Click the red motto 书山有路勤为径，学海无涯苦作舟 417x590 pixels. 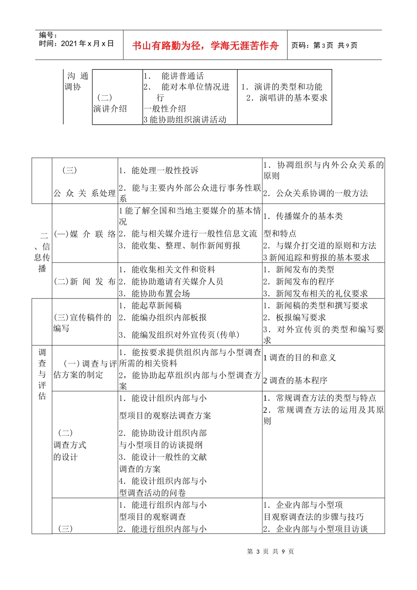(x=205, y=46)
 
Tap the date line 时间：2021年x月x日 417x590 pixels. (x=76, y=43)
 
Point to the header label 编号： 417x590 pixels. (x=48, y=35)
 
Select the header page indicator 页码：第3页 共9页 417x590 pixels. (x=324, y=45)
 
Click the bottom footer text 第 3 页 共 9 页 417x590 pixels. (x=270, y=551)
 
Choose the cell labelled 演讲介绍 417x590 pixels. (x=110, y=108)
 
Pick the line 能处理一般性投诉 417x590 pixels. (x=165, y=170)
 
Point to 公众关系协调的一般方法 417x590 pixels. (x=322, y=193)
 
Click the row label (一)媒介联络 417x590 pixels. (x=85, y=234)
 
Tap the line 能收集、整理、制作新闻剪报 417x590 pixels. (x=186, y=245)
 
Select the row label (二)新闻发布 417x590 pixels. (x=85, y=281)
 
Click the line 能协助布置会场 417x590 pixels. (x=160, y=293)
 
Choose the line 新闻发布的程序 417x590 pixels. (x=305, y=281)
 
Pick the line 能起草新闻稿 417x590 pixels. (x=157, y=306)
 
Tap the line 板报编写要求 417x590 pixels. (x=301, y=317)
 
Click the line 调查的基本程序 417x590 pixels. (x=298, y=380)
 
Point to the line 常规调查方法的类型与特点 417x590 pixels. (x=326, y=398)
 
